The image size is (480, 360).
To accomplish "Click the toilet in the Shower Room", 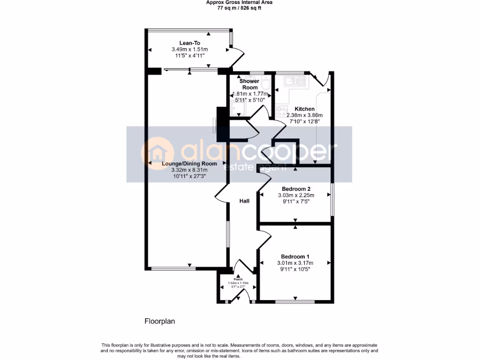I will coord(265,84).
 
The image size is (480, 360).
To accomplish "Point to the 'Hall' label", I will coord(244,201).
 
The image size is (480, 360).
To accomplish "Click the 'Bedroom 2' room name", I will coord(295,189).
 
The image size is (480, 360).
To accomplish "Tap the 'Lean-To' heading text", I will coord(189,43).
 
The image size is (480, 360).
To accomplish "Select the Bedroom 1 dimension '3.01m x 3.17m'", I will coord(295,263).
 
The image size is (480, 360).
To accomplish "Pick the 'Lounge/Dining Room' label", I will coord(189,164).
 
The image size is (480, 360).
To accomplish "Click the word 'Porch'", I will coord(238,279).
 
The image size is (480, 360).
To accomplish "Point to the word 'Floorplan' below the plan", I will coord(159,322).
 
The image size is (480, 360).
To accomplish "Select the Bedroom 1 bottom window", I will coord(295,300).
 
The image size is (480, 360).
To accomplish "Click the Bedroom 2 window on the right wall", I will coord(332,199).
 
